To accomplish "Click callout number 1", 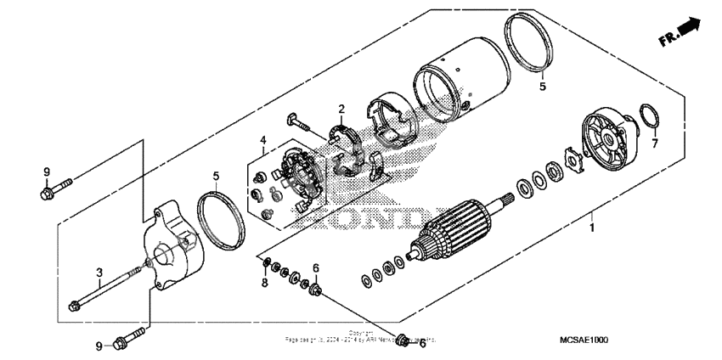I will point(593,228).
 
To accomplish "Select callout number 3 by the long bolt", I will point(99,272).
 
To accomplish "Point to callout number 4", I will point(263,140).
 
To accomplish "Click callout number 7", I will point(654,144).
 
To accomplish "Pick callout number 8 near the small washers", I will point(264,282).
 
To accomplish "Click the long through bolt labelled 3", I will point(106,290).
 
